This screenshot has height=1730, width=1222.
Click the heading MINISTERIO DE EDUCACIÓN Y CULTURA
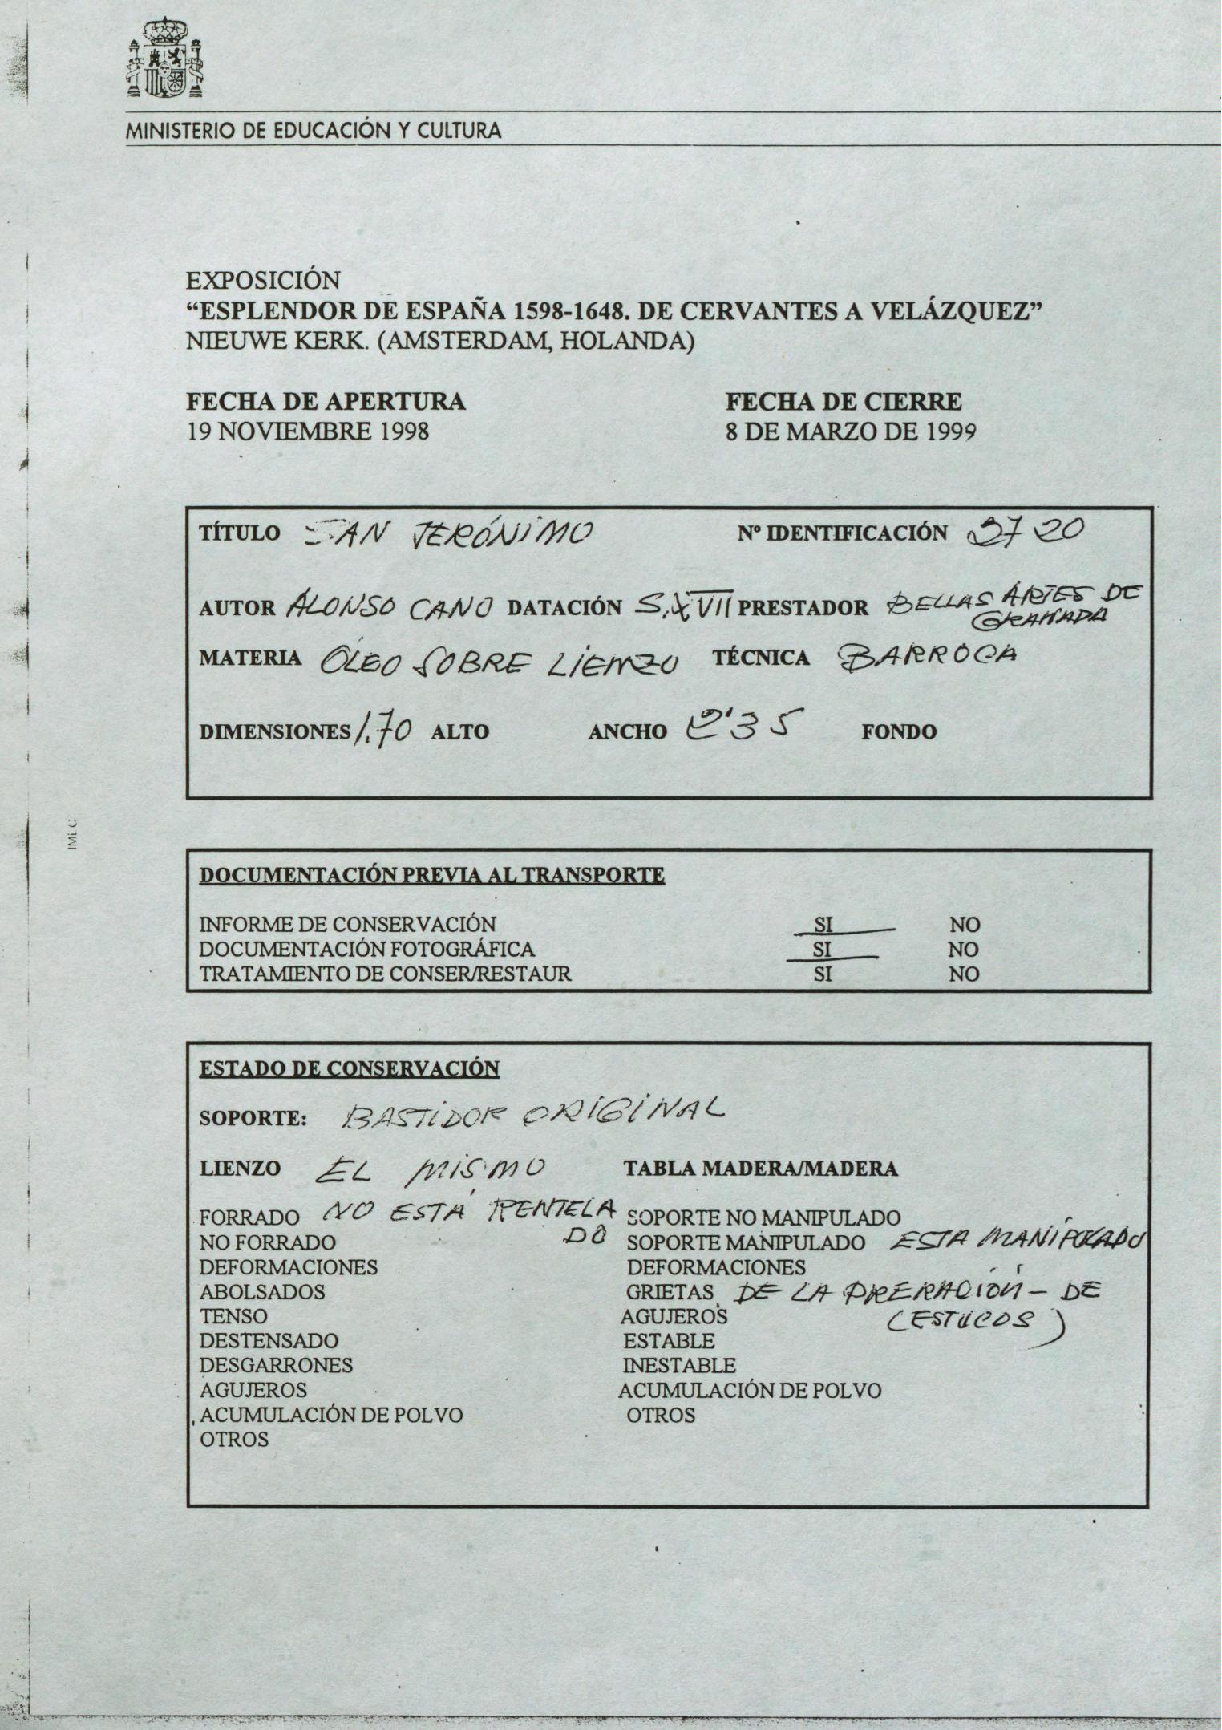pos(314,131)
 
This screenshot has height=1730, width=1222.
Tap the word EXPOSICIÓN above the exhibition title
pos(263,281)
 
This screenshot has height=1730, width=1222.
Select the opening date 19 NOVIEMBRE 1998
pos(308,431)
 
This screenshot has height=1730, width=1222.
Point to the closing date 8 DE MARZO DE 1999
pos(851,431)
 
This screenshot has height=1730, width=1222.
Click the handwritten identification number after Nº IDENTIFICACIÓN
pos(1027,530)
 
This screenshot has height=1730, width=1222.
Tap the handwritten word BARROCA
pos(927,658)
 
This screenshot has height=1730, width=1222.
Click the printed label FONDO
pos(899,731)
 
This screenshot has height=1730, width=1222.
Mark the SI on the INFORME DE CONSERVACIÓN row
pos(823,924)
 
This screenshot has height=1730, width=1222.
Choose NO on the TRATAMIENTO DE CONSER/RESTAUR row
pos(964,974)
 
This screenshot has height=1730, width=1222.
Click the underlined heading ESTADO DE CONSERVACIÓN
pos(350,1068)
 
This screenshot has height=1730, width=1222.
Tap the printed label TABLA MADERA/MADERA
pos(761,1169)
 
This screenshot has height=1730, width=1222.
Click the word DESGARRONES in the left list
pos(276,1365)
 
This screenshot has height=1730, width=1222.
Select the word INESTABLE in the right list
pos(679,1365)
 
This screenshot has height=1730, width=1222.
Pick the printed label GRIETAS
pos(670,1292)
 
